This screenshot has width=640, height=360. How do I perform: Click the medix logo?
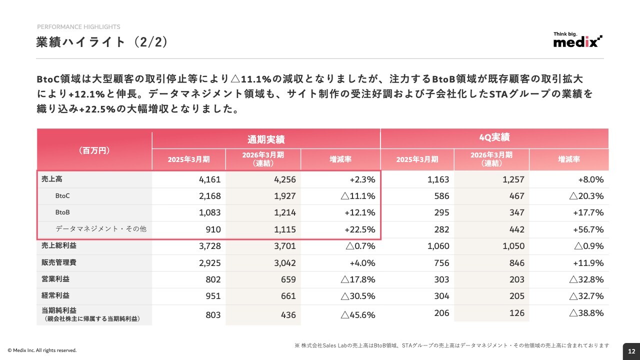[x=577, y=39]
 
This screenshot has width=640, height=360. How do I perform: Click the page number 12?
[x=631, y=351]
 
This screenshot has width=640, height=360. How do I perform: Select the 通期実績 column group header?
[x=266, y=139]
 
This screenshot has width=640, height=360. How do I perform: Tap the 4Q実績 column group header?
[x=494, y=137]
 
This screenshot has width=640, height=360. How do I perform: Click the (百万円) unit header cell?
[x=94, y=150]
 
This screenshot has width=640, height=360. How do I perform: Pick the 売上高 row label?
[x=51, y=179]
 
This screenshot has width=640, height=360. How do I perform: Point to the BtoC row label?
[x=62, y=196]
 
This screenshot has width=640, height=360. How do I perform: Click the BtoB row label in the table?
[x=62, y=212]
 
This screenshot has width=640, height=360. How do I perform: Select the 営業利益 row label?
[x=55, y=279]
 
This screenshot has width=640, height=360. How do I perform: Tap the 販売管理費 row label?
[x=59, y=262]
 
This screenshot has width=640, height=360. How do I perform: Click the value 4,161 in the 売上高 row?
[x=209, y=179]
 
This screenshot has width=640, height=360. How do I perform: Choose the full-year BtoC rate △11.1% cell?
[x=358, y=196]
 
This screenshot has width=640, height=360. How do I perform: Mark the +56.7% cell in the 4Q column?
[x=588, y=229]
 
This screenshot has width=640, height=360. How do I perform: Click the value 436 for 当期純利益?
[x=288, y=315]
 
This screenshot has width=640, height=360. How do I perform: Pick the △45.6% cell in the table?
[x=358, y=315]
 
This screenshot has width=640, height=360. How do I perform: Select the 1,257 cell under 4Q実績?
[x=513, y=179]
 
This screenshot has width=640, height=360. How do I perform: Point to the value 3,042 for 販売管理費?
[x=285, y=263]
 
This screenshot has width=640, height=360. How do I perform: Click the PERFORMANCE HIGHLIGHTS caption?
[x=78, y=27]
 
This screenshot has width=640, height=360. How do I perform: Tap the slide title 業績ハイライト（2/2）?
[x=102, y=42]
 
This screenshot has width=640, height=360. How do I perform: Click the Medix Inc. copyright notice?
[x=42, y=350]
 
